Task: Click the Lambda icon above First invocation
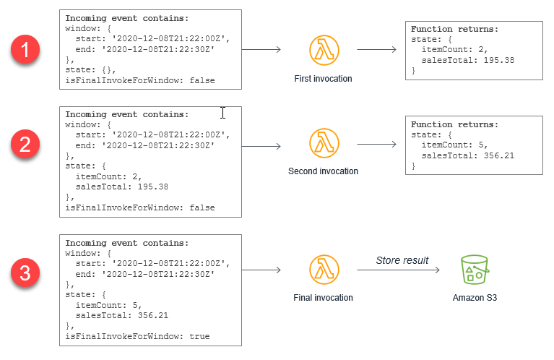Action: coord(323,51)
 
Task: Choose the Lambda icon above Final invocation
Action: coord(323,270)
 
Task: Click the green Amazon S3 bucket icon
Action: coord(475,270)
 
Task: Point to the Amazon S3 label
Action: coord(475,298)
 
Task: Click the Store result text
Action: coord(402,260)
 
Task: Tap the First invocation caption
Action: coord(323,78)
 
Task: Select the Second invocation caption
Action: coord(323,171)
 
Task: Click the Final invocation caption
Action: coord(323,298)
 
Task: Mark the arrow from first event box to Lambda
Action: coord(261,50)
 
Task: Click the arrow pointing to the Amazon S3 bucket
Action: coord(398,270)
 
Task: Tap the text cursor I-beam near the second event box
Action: coord(222,113)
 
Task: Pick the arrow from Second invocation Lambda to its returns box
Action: coord(376,144)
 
